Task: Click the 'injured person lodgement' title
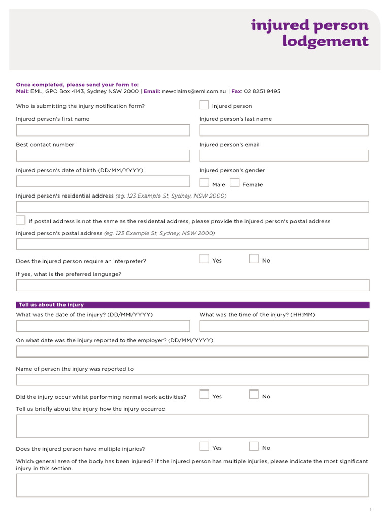pos(310,33)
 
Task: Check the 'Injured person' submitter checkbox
pos(204,105)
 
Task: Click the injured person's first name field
pos(103,130)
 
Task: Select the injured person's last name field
pos(284,130)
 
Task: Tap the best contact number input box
pos(103,156)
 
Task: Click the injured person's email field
pos(284,156)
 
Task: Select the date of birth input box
pos(103,181)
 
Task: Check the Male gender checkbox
pos(204,183)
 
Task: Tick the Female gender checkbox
pos(235,183)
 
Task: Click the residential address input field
pos(192,207)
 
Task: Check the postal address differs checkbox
pos(21,220)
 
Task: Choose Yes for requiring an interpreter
pos(204,259)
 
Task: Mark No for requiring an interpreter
pos(254,259)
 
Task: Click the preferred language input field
pos(192,285)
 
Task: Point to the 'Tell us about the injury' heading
pos(51,305)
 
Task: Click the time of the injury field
pos(284,326)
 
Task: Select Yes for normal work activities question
pos(204,395)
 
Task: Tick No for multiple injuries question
pos(254,447)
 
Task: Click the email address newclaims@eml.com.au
pos(194,92)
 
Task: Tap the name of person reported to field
pos(192,380)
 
